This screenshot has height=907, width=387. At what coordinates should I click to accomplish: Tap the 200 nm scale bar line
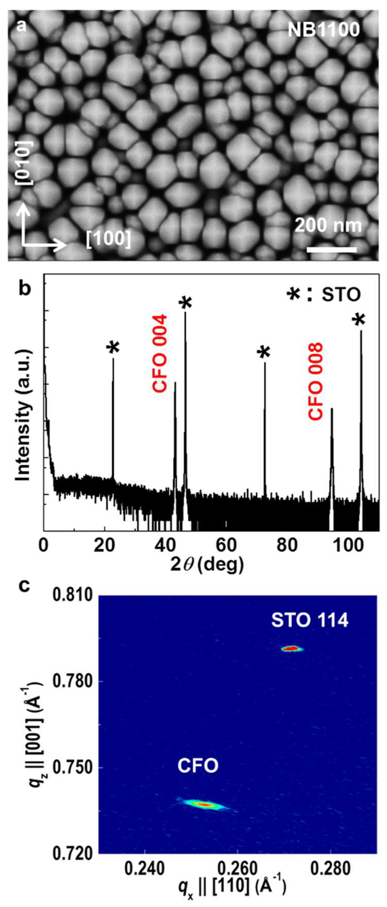tap(331, 250)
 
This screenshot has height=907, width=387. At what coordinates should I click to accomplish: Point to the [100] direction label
tap(108, 239)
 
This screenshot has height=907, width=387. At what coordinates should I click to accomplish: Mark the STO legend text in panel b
tap(341, 295)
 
